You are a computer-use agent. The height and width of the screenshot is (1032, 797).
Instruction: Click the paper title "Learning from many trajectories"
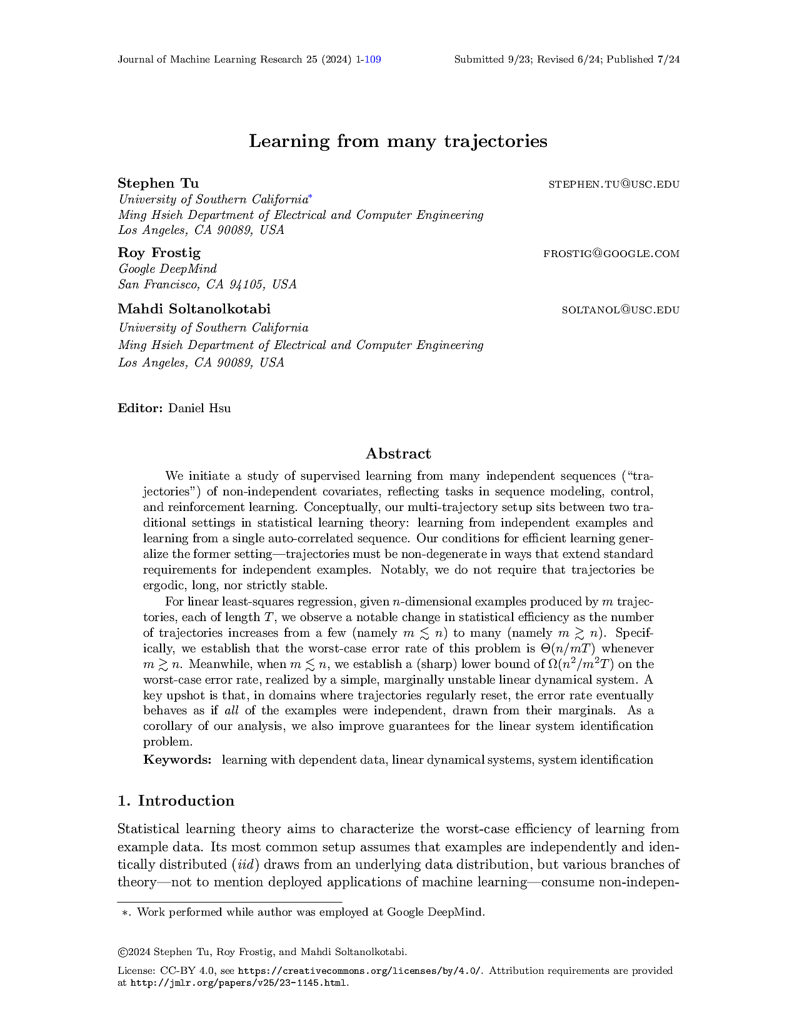[398, 141]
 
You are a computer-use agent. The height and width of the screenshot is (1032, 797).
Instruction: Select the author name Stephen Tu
[158, 183]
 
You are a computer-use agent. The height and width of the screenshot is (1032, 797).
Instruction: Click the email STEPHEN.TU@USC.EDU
[613, 185]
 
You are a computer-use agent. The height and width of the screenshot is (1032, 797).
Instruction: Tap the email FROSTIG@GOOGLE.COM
[611, 254]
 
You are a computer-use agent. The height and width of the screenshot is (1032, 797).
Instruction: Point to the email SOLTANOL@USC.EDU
[620, 310]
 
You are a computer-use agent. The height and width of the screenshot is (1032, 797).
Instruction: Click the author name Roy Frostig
[159, 253]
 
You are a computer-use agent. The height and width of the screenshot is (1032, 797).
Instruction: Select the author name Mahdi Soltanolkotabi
[194, 309]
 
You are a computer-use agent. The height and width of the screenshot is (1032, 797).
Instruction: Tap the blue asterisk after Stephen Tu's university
[310, 198]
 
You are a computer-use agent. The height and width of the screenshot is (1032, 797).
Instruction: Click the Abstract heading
[398, 453]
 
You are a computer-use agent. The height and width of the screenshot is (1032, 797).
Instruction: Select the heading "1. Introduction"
[176, 801]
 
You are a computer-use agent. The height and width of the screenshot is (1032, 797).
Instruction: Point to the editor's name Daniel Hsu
[199, 408]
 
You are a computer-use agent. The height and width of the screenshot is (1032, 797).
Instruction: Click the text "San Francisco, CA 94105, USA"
[208, 285]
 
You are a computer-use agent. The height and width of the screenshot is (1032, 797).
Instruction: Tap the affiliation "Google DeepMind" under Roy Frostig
[168, 269]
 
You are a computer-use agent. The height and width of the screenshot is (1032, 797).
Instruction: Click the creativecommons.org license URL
[360, 971]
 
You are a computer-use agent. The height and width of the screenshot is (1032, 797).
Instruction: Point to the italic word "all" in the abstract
[232, 711]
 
